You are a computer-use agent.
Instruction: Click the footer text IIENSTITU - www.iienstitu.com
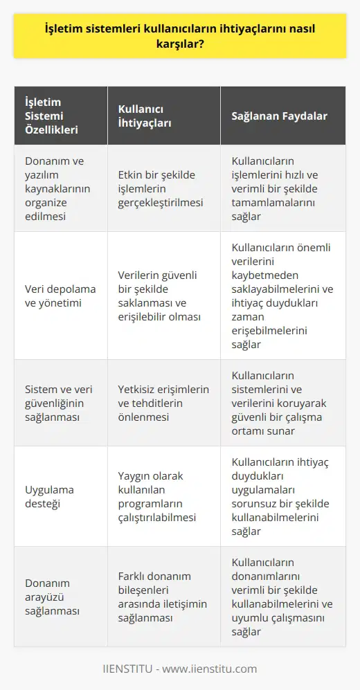180,669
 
